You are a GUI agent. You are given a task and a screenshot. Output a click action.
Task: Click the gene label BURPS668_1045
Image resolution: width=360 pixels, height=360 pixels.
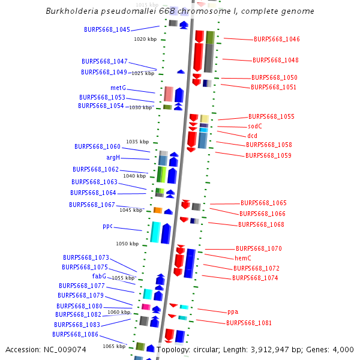click(x=107, y=29)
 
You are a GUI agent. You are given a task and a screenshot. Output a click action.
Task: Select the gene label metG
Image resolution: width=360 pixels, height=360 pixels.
click(x=118, y=88)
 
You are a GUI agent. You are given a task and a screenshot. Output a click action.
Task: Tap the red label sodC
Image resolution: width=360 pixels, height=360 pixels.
click(x=255, y=126)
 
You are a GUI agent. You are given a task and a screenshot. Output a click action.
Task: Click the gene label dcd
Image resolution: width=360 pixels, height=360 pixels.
click(x=252, y=136)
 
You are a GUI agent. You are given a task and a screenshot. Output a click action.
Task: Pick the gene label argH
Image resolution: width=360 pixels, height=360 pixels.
click(x=113, y=157)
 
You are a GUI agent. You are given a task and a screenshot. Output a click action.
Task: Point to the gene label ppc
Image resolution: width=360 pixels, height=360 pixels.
click(x=107, y=226)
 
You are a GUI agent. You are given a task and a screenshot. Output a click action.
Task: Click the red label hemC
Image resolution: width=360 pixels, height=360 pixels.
click(x=242, y=258)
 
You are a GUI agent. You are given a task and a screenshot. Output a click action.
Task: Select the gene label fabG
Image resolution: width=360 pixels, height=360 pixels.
click(x=99, y=276)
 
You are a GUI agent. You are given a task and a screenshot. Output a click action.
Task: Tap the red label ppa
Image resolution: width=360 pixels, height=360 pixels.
click(x=233, y=311)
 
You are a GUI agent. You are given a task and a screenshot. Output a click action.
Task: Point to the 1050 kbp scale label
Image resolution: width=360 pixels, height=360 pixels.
click(x=127, y=244)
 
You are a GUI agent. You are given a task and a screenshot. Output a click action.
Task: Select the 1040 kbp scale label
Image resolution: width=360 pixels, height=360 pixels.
click(x=134, y=176)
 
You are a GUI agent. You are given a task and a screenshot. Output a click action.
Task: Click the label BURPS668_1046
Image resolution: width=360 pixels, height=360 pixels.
click(x=277, y=39)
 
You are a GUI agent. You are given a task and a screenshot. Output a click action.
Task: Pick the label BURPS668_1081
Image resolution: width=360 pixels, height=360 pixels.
click(x=248, y=323)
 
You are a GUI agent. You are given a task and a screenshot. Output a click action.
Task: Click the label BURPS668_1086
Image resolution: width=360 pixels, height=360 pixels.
click(x=75, y=334)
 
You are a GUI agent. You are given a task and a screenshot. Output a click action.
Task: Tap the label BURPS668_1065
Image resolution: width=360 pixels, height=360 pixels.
click(x=263, y=203)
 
